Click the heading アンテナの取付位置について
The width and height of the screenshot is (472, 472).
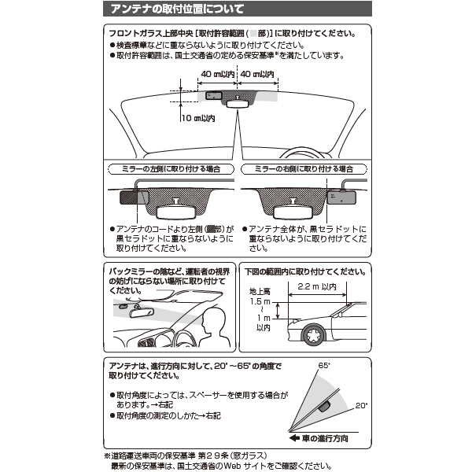pyautogui.click(x=177, y=9)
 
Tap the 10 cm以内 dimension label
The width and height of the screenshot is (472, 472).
pyautogui.click(x=198, y=118)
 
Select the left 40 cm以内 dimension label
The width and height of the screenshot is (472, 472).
pyautogui.click(x=218, y=74)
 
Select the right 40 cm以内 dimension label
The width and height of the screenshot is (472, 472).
pyautogui.click(x=257, y=74)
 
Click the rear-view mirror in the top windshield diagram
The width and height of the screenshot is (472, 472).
pyautogui.click(x=238, y=104)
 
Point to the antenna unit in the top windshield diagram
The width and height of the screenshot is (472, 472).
pyautogui.click(x=214, y=96)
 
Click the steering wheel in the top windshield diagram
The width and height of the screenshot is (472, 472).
pyautogui.click(x=304, y=152)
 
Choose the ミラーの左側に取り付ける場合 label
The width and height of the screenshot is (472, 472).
pyautogui.click(x=171, y=169)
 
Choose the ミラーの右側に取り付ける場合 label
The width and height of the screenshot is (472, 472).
pyautogui.click(x=304, y=169)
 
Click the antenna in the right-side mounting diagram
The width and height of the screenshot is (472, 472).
pyautogui.click(x=341, y=197)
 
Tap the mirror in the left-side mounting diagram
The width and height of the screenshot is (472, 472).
pyautogui.click(x=176, y=212)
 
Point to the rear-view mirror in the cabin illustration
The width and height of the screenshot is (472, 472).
pyautogui.click(x=142, y=313)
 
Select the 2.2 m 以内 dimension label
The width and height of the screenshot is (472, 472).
pyautogui.click(x=317, y=286)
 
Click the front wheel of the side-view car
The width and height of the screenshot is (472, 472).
pyautogui.click(x=314, y=335)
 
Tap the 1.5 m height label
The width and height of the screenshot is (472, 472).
pyautogui.click(x=260, y=301)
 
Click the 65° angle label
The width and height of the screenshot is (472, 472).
pyautogui.click(x=324, y=366)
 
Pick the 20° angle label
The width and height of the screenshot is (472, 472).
pyautogui.click(x=362, y=405)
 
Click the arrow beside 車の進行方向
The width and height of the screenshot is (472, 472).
pyautogui.click(x=294, y=438)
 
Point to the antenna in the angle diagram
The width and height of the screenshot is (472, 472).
pyautogui.click(x=324, y=407)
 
